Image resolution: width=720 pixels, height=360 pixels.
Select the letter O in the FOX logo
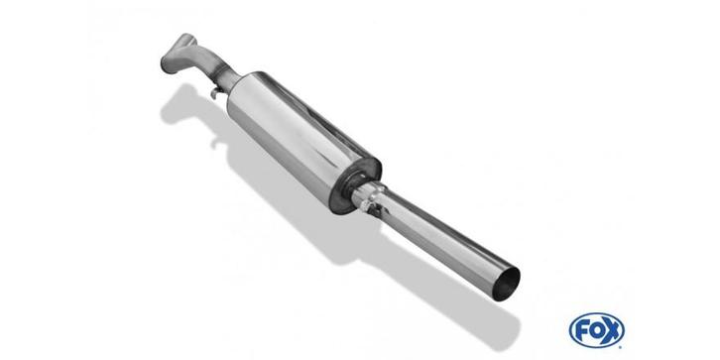tap(596, 330)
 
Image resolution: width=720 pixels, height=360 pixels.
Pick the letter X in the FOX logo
tap(612, 330)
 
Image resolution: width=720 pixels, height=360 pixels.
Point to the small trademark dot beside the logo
tap(621, 345)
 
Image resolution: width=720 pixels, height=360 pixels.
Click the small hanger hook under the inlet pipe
tap(214, 94)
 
